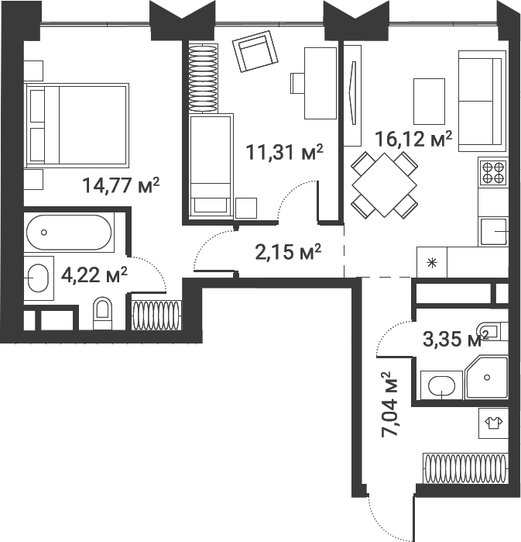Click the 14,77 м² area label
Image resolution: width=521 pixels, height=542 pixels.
tap(121, 185)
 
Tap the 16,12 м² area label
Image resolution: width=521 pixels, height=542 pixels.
tap(413, 140)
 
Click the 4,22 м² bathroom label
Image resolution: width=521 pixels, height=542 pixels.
tap(94, 274)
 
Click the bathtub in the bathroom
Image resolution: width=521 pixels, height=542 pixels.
tap(70, 232)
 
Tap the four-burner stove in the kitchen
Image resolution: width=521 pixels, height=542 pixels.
tap(493, 171)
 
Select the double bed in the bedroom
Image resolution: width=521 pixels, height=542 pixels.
tap(77, 126)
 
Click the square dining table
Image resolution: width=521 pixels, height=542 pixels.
tap(385, 185)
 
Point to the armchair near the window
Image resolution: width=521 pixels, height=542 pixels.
tap(255, 54)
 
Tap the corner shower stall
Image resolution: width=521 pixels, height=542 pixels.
tap(486, 377)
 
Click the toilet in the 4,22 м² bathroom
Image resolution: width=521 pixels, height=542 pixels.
tap(101, 313)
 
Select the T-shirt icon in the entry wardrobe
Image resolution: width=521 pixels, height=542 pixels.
tap(492, 423)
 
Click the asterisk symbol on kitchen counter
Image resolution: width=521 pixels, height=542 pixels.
tap(431, 261)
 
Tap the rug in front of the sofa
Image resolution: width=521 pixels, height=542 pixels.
tap(430, 101)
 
